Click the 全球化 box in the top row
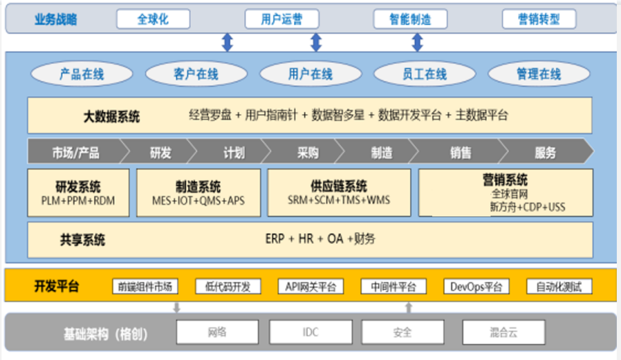tap(153, 19)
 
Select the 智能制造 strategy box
tap(410, 19)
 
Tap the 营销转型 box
tap(539, 19)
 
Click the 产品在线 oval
tap(82, 74)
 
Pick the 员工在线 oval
tap(424, 74)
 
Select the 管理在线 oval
tap(539, 74)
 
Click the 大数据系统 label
tap(111, 117)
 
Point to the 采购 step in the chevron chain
tap(308, 153)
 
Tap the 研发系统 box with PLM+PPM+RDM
tap(78, 193)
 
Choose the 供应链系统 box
tap(338, 193)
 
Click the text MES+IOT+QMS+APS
tap(198, 201)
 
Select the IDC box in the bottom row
tap(310, 333)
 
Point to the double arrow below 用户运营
tap(316, 43)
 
